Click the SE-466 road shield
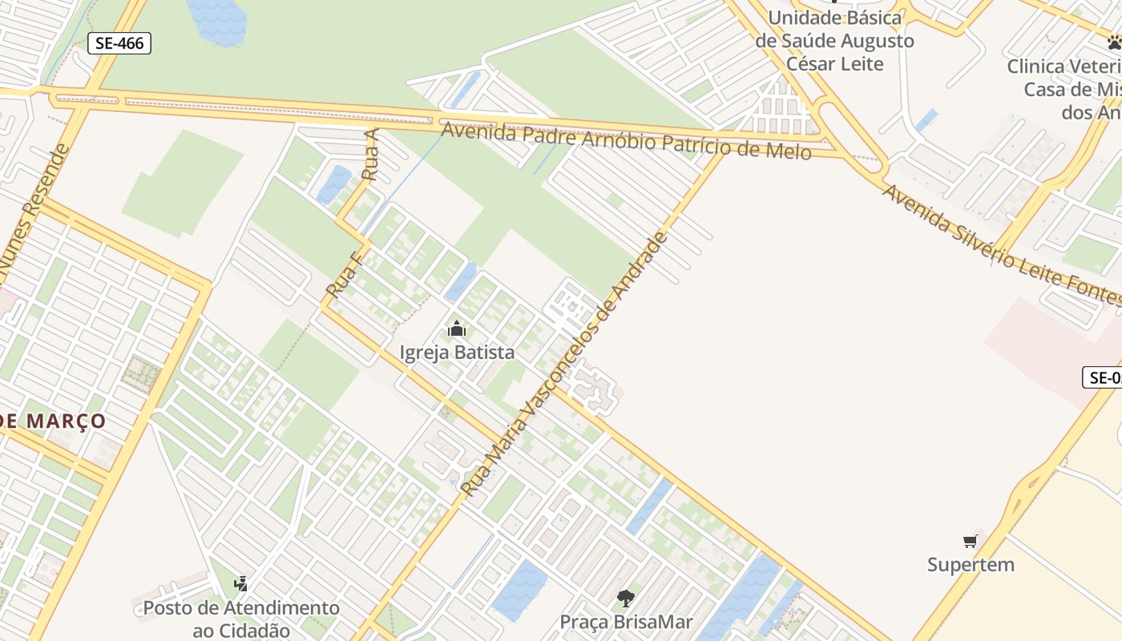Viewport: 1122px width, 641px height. point(119,43)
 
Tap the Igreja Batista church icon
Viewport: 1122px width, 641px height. point(457,329)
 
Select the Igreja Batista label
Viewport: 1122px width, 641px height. point(457,353)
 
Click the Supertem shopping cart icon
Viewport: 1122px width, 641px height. point(971,542)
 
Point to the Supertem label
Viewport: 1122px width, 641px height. point(971,565)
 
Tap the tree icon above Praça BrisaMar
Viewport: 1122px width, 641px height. point(626,598)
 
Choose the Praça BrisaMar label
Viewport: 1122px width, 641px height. point(626,622)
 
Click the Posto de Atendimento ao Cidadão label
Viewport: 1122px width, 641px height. point(241,619)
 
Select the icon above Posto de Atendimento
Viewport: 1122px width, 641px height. point(241,583)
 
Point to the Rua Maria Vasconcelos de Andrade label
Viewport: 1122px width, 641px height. point(565,365)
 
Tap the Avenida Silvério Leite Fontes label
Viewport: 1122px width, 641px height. point(1002,244)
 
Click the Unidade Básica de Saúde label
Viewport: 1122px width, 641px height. point(835,40)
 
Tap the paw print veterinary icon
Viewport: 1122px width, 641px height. point(1114,42)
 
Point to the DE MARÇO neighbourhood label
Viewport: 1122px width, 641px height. point(53,421)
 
